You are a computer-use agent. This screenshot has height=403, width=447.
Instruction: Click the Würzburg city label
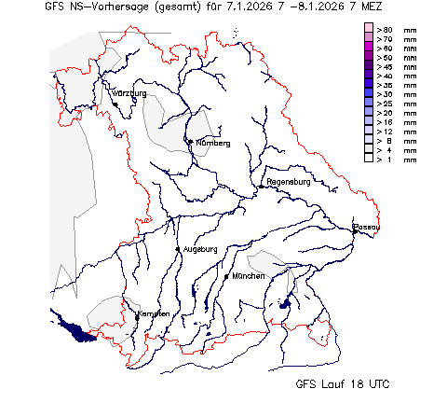129,94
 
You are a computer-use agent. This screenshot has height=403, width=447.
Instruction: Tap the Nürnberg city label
212,143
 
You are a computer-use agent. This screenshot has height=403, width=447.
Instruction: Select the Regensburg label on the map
288,181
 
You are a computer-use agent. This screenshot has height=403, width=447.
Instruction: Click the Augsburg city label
200,249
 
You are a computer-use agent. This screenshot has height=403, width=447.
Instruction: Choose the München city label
249,277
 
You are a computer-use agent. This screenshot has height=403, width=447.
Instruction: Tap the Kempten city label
155,313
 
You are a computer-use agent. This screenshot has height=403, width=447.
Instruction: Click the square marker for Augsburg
179,249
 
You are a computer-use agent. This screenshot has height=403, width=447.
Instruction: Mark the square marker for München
228,277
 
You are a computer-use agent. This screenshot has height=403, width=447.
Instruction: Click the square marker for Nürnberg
190,142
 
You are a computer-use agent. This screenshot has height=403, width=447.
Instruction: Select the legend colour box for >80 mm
369,30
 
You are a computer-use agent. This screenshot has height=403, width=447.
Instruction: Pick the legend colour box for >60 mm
369,49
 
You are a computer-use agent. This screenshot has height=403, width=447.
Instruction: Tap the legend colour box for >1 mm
369,160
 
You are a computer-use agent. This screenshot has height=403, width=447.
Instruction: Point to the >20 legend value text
383,114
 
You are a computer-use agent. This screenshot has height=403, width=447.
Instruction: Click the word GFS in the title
53,8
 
